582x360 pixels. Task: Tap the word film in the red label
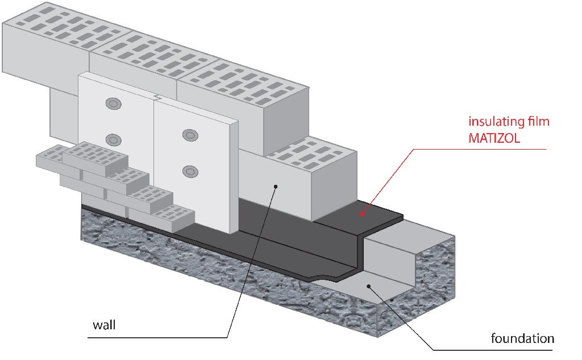pos(537,121)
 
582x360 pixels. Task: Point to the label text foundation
pos(522,339)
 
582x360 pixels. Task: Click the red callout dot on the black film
pos(361,214)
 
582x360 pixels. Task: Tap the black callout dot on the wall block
pos(275,185)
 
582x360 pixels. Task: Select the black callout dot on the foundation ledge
pos(369,285)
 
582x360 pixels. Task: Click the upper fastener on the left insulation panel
pos(113,104)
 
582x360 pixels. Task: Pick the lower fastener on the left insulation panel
pos(114,139)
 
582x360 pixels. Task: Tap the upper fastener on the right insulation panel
pos(189,134)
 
